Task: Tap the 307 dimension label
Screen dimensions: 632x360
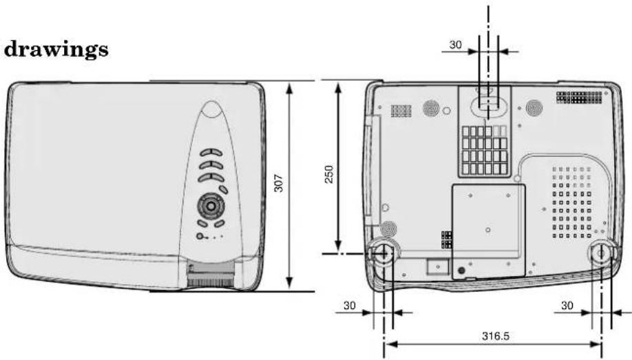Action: point(279,183)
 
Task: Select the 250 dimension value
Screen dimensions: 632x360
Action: point(329,174)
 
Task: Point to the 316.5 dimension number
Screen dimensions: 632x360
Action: point(496,335)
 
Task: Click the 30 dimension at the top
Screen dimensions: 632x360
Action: point(456,44)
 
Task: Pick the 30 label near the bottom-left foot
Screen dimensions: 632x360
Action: point(350,306)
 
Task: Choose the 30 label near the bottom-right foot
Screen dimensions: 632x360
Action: point(567,306)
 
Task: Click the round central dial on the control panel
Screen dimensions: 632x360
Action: point(211,206)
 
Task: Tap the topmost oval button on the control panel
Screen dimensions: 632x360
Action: point(211,153)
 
